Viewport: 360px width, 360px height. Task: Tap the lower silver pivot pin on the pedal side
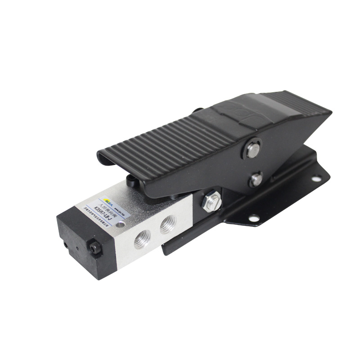pos(256,180)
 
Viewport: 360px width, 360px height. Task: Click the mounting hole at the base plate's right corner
pos(317,178)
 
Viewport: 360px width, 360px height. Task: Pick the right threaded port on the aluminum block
pos(168,223)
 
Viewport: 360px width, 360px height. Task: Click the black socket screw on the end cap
pos(95,247)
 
